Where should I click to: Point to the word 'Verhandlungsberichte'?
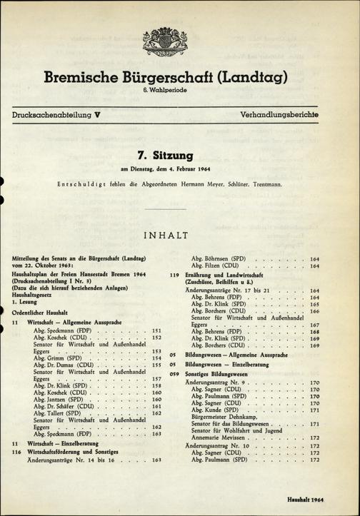(272, 114)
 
